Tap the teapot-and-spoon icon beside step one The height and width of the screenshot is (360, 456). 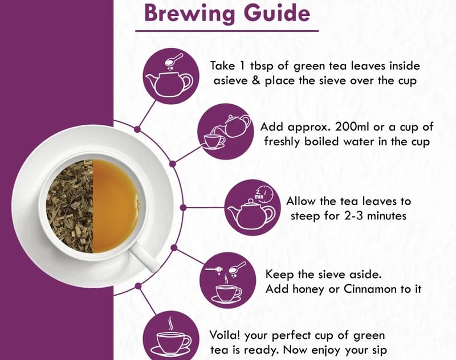tap(172, 76)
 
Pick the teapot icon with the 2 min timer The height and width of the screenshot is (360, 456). tap(253, 207)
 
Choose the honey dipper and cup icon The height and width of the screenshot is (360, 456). tap(227, 280)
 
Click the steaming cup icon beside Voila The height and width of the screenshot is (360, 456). tap(172, 337)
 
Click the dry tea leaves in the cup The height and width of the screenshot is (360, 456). tap(70, 206)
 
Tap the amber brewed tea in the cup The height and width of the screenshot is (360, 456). tap(116, 206)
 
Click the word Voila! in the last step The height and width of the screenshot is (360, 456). tap(225, 335)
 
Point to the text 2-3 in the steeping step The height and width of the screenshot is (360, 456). tap(353, 216)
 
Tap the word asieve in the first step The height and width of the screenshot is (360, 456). tap(231, 81)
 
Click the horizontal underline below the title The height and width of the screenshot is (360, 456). tap(227, 31)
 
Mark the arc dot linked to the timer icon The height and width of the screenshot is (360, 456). tap(183, 207)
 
